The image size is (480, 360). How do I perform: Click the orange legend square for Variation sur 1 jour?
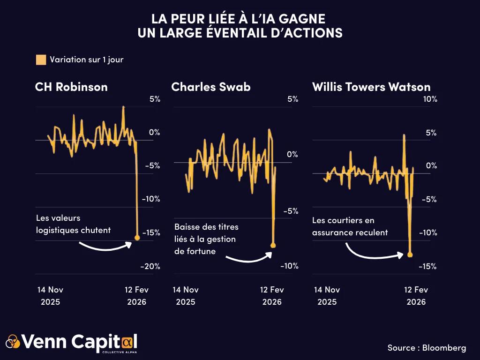coord(41,60)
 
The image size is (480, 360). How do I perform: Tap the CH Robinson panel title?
coord(71,87)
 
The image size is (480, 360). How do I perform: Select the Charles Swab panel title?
coord(210,87)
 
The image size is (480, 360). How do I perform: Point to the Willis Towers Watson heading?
coord(371,87)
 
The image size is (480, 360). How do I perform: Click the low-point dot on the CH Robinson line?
coord(137,238)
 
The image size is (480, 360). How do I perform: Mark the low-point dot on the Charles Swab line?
coord(273,245)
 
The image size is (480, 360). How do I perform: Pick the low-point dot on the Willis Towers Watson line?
coord(410,255)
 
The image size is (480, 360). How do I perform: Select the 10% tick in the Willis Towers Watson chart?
coord(430,99)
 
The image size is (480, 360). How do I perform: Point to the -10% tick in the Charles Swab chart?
coord(289,266)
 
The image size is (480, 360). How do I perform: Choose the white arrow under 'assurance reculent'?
coord(374,253)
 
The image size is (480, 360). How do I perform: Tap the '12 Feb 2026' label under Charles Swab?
coord(272,296)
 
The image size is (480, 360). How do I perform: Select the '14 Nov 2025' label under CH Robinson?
coord(50,296)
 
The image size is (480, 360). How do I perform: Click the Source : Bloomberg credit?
coord(427,347)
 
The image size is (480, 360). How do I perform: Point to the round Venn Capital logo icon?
coord(13,342)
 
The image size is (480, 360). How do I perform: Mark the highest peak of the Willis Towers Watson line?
coord(404,135)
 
